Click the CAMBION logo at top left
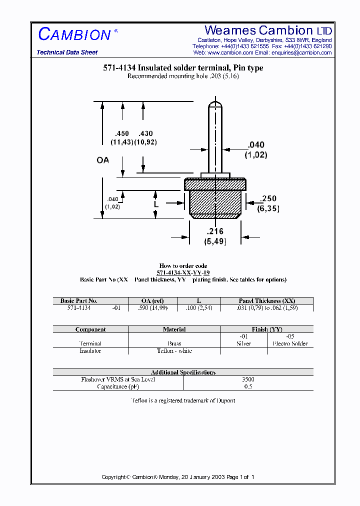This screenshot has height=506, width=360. (74, 34)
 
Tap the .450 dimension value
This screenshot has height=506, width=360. (122, 134)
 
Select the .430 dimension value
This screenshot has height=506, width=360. (145, 134)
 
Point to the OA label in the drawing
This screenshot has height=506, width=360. (102, 160)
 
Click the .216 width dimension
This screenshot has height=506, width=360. (215, 231)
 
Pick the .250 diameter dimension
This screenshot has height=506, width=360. (268, 199)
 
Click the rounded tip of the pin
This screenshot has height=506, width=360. (215, 103)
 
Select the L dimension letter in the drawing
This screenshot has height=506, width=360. (156, 204)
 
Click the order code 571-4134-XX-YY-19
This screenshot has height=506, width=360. (183, 273)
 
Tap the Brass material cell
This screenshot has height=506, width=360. (174, 343)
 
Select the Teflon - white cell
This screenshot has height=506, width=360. (174, 351)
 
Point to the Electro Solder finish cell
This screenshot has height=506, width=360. (290, 343)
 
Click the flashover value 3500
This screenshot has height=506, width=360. (248, 379)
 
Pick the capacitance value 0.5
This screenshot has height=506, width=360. (248, 387)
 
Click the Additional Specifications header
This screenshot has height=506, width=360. (183, 372)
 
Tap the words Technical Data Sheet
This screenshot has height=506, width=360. (67, 52)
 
